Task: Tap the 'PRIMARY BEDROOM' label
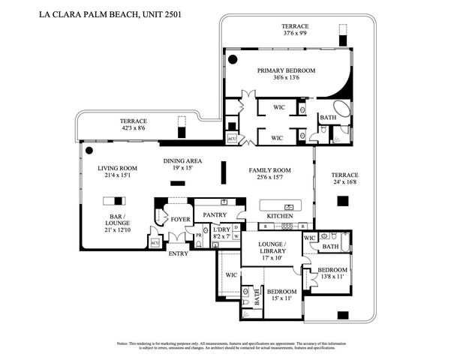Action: tap(286, 70)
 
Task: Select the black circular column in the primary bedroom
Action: tap(233, 59)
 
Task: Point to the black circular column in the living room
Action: tap(89, 150)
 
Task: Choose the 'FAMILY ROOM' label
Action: tap(269, 171)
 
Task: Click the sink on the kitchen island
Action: tap(288, 206)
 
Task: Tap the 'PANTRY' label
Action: tap(215, 215)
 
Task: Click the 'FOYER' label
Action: tap(180, 220)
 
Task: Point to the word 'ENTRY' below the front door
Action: tap(179, 253)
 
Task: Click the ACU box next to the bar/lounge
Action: tap(155, 243)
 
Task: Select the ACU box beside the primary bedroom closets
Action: tap(232, 139)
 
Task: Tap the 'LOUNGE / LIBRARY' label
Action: tap(270, 249)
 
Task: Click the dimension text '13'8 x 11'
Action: tap(332, 277)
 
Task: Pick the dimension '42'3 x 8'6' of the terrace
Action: tap(134, 128)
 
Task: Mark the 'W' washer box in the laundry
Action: tap(236, 236)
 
